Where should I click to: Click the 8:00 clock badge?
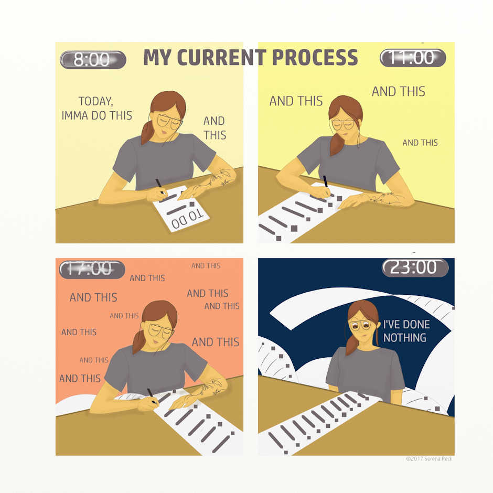click(x=93, y=59)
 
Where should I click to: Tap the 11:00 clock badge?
click(x=413, y=58)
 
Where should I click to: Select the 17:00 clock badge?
click(x=92, y=270)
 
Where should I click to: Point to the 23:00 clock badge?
click(x=415, y=268)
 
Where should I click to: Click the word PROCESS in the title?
click(x=315, y=57)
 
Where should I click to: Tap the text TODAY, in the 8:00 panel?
click(x=95, y=101)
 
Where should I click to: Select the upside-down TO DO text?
click(x=188, y=219)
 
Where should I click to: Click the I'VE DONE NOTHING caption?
click(x=406, y=331)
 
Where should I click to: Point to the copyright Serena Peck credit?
click(x=429, y=459)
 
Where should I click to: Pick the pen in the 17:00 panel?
click(x=152, y=395)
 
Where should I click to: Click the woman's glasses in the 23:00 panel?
click(x=361, y=325)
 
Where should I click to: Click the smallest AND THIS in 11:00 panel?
click(x=420, y=143)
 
